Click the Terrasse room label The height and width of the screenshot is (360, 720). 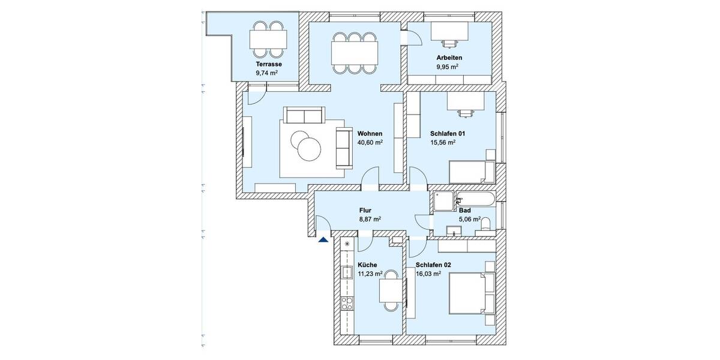click(x=269, y=64)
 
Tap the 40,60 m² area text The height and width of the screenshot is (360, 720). click(x=370, y=143)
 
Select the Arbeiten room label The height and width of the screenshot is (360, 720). click(x=449, y=58)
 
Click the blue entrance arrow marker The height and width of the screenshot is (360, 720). click(x=323, y=239)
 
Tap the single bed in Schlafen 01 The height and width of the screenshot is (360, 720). click(x=472, y=172)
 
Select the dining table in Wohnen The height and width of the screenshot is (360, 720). click(x=355, y=52)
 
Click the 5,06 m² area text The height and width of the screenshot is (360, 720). click(x=469, y=220)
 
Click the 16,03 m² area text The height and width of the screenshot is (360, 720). click(x=428, y=274)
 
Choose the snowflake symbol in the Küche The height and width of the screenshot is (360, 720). click(x=347, y=244)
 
